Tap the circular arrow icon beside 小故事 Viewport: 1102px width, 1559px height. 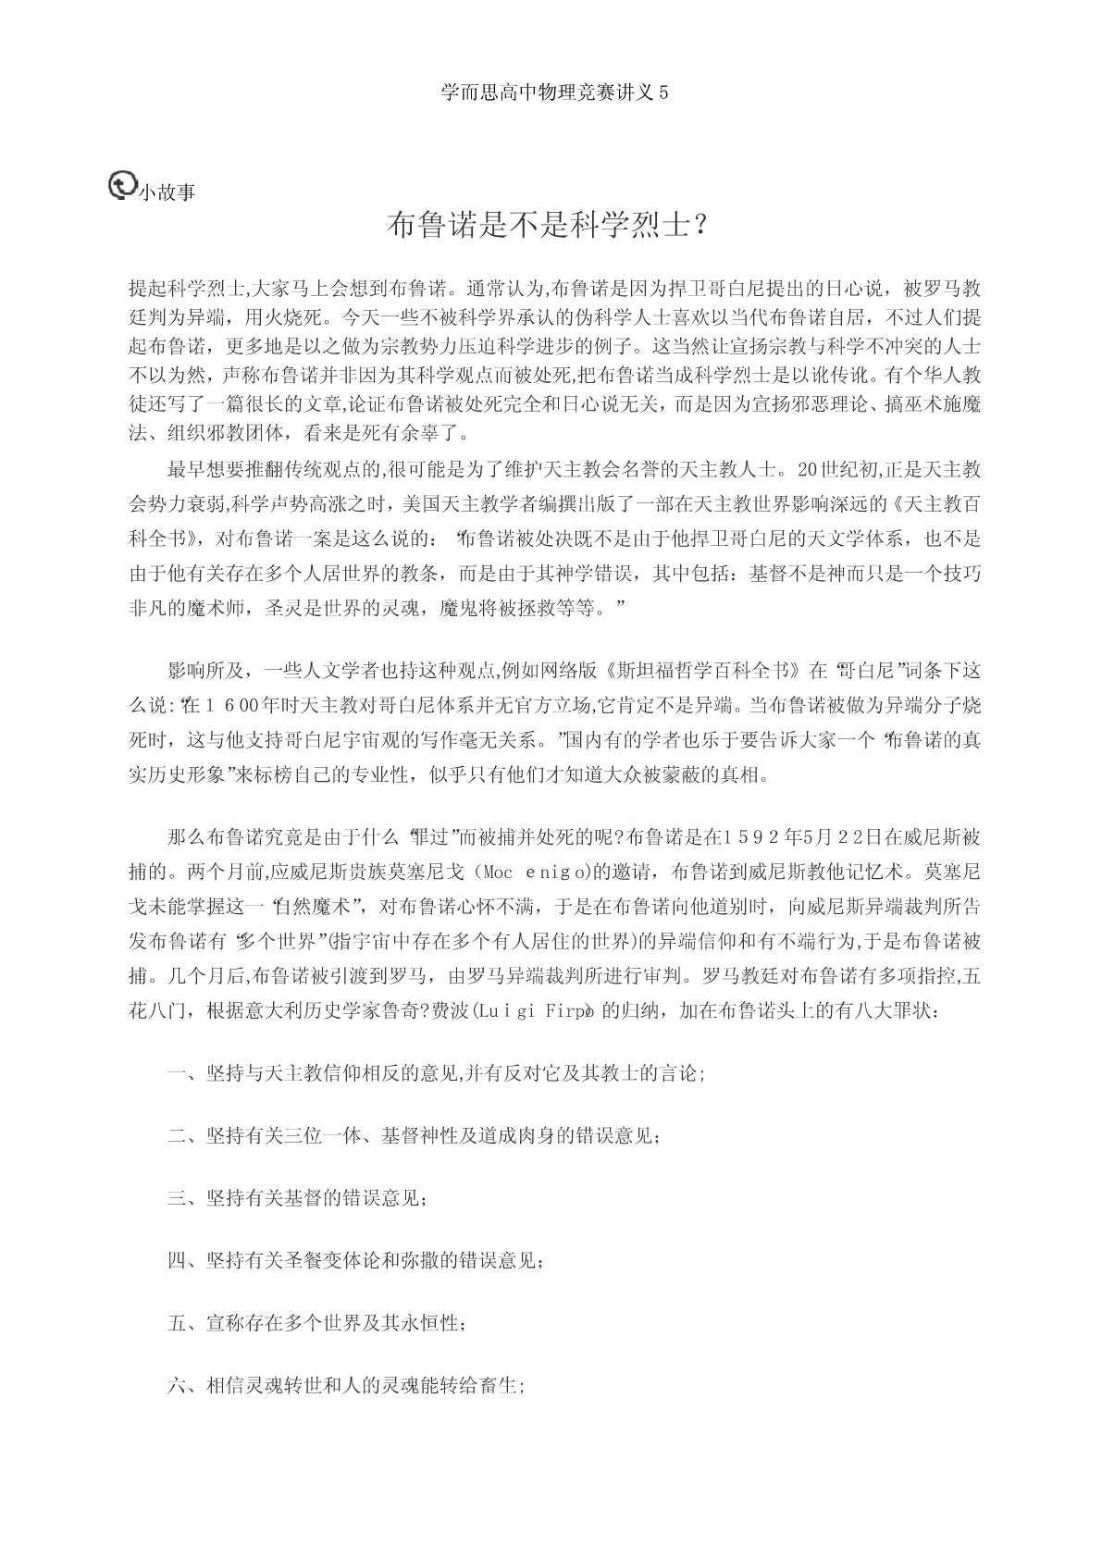pos(121,185)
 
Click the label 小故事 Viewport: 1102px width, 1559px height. pos(167,192)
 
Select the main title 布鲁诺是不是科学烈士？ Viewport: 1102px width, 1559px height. pos(551,225)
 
